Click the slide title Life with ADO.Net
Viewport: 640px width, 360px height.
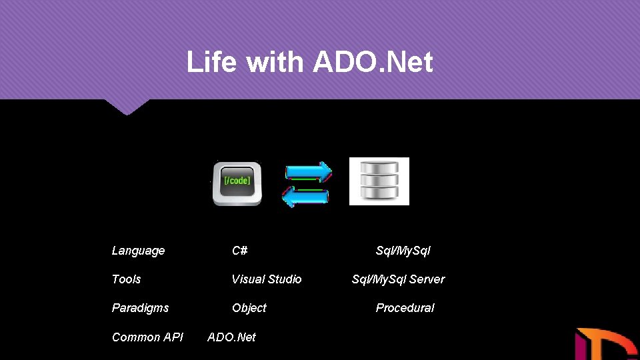[309, 63]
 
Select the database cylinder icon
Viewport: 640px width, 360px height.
[379, 181]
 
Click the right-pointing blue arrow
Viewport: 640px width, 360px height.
[309, 172]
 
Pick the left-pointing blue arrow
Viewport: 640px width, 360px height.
[305, 196]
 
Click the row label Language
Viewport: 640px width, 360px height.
[138, 251]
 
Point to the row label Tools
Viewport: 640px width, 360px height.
[126, 279]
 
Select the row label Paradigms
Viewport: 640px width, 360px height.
[140, 308]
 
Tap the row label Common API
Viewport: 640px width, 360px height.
[147, 337]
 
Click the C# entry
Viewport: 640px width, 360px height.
[240, 251]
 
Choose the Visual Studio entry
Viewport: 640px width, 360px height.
[266, 279]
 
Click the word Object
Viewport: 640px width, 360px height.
[249, 308]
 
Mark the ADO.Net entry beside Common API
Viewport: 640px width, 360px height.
[231, 337]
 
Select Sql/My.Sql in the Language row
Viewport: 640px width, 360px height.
[403, 251]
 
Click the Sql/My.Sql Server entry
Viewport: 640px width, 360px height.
[398, 279]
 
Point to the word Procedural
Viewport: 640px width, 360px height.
[405, 308]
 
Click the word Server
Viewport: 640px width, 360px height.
[427, 279]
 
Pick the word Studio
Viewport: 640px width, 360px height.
[284, 279]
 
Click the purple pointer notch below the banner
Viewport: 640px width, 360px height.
[127, 107]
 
